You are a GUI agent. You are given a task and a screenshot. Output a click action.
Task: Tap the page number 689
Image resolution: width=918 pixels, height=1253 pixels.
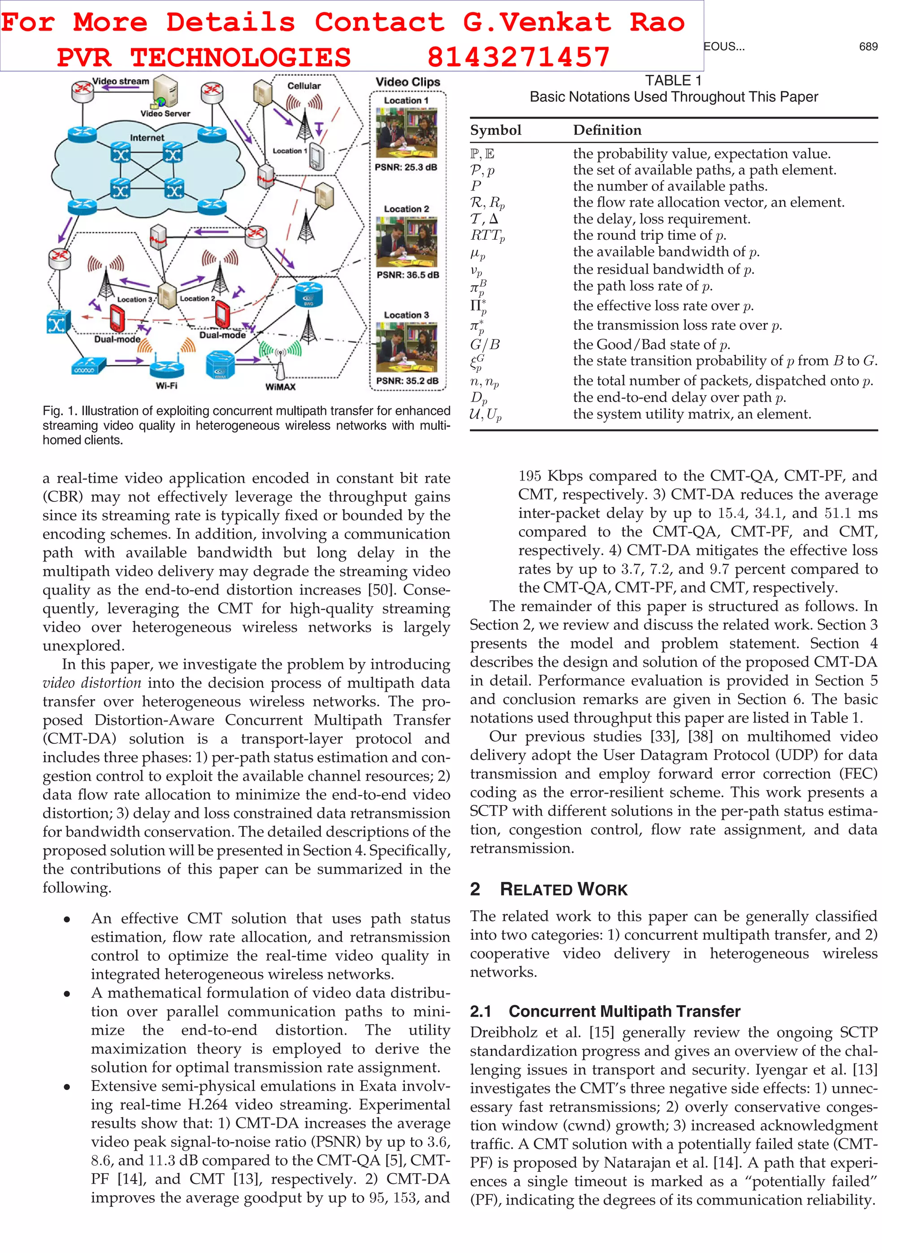pyautogui.click(x=868, y=47)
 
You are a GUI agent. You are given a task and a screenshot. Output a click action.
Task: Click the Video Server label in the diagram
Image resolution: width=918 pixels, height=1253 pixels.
pyautogui.click(x=165, y=114)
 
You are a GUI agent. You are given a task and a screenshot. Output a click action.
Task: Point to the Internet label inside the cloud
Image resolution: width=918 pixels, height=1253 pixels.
pyautogui.click(x=147, y=138)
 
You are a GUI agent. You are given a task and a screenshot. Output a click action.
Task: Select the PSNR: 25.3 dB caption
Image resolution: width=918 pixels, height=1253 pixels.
pyautogui.click(x=406, y=167)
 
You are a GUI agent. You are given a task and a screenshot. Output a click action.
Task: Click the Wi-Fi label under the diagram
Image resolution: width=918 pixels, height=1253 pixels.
pyautogui.click(x=166, y=385)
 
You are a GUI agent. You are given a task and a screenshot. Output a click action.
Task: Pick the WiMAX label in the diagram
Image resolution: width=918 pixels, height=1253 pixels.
pyautogui.click(x=280, y=387)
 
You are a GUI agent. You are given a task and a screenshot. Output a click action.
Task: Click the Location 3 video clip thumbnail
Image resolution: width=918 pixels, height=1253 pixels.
pyautogui.click(x=406, y=348)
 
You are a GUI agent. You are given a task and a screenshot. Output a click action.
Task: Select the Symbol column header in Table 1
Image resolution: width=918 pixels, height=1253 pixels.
pyautogui.click(x=496, y=130)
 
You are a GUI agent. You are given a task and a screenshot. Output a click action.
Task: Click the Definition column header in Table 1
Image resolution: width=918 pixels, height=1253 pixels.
pyautogui.click(x=607, y=130)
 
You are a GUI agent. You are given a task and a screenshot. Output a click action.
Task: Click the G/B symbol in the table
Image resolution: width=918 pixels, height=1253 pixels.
pyautogui.click(x=485, y=344)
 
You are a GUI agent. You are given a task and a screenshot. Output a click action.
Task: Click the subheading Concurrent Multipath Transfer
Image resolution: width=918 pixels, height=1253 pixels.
pyautogui.click(x=624, y=1011)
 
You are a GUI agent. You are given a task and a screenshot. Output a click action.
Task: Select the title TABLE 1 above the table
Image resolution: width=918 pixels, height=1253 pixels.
pyautogui.click(x=674, y=81)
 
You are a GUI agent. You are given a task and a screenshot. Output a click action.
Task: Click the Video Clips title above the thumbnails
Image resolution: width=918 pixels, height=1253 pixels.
pyautogui.click(x=407, y=82)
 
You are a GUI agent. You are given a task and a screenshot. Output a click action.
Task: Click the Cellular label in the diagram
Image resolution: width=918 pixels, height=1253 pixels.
pyautogui.click(x=304, y=86)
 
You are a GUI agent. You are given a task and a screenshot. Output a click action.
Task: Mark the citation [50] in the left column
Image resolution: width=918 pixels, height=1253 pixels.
pyautogui.click(x=382, y=590)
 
